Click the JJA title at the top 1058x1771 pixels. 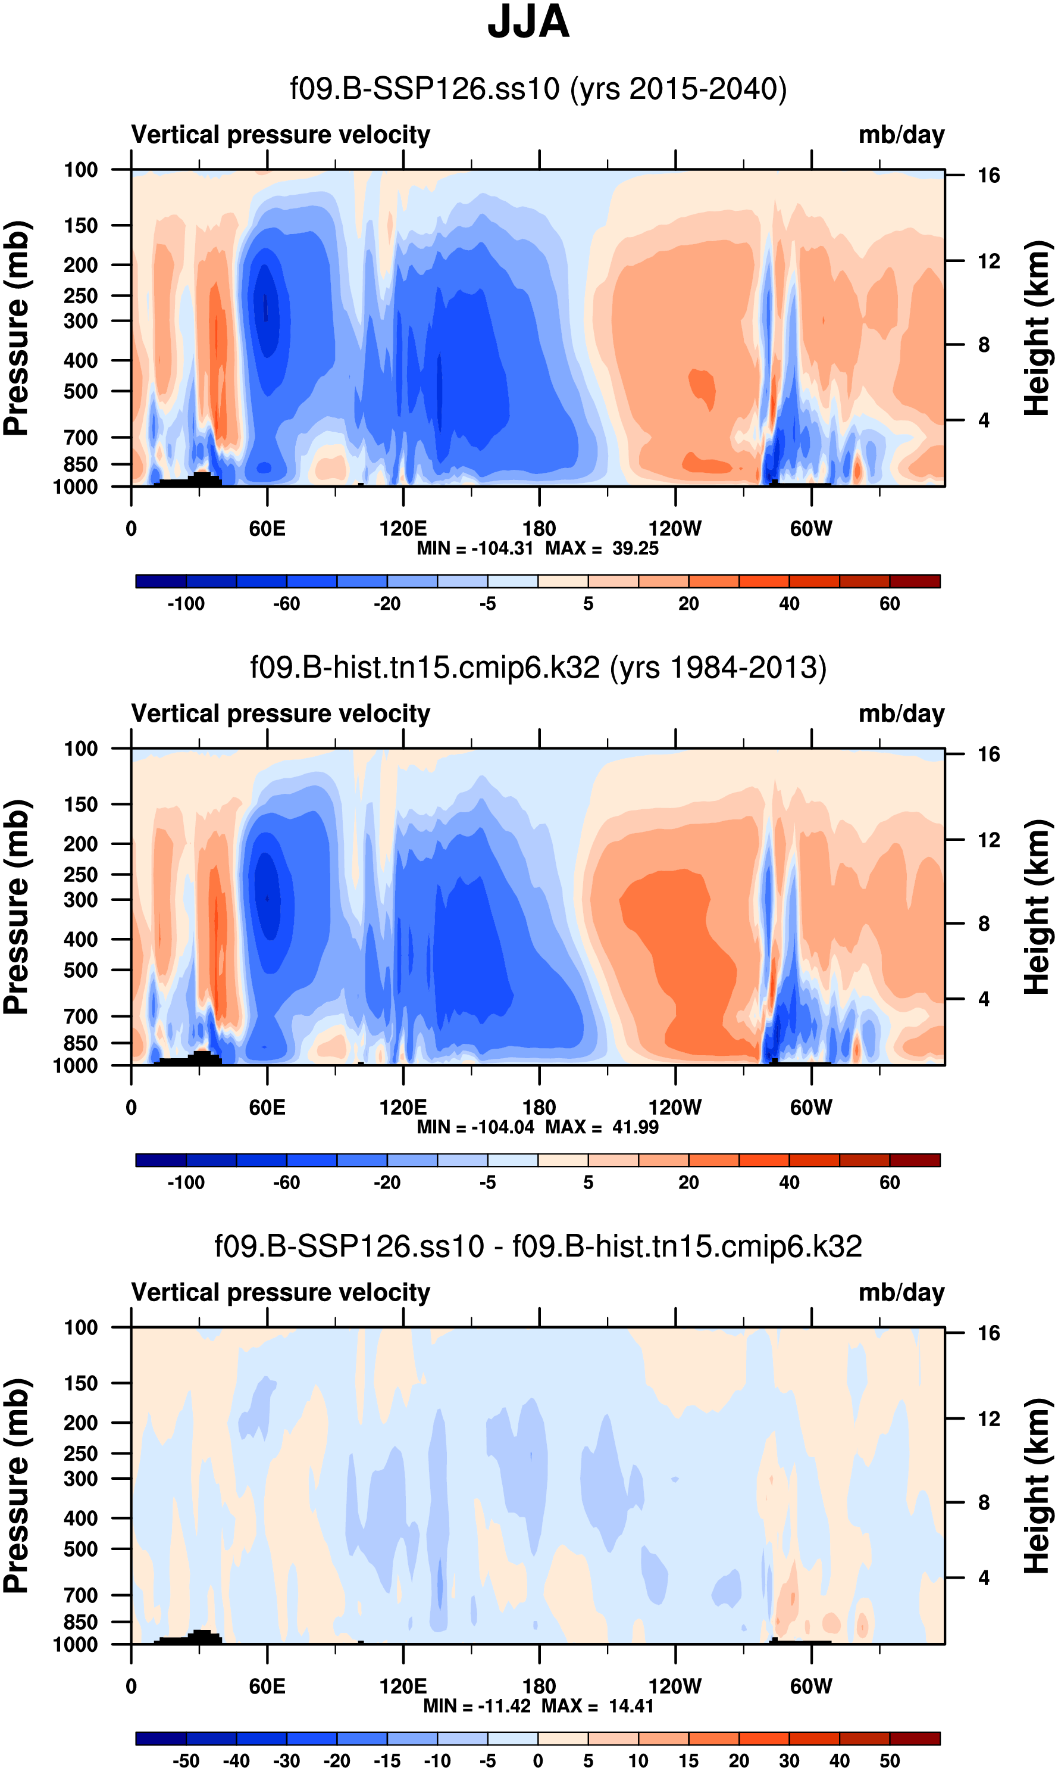pos(528,22)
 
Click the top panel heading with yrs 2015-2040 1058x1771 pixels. pos(539,89)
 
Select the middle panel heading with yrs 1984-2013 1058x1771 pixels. pos(539,668)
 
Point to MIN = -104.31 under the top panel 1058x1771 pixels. pos(475,548)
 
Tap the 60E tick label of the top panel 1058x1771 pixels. pos(267,529)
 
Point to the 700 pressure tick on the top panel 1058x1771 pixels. pos(80,437)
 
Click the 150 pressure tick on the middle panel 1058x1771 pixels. pos(80,805)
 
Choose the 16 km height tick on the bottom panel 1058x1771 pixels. pos(988,1333)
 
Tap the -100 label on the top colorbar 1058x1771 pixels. pos(186,604)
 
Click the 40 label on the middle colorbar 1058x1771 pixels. pos(789,1183)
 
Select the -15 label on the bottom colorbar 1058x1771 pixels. pos(387,1761)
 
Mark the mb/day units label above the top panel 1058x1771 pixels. pos(901,135)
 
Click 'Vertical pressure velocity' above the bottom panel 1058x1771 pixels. pos(281,1292)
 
